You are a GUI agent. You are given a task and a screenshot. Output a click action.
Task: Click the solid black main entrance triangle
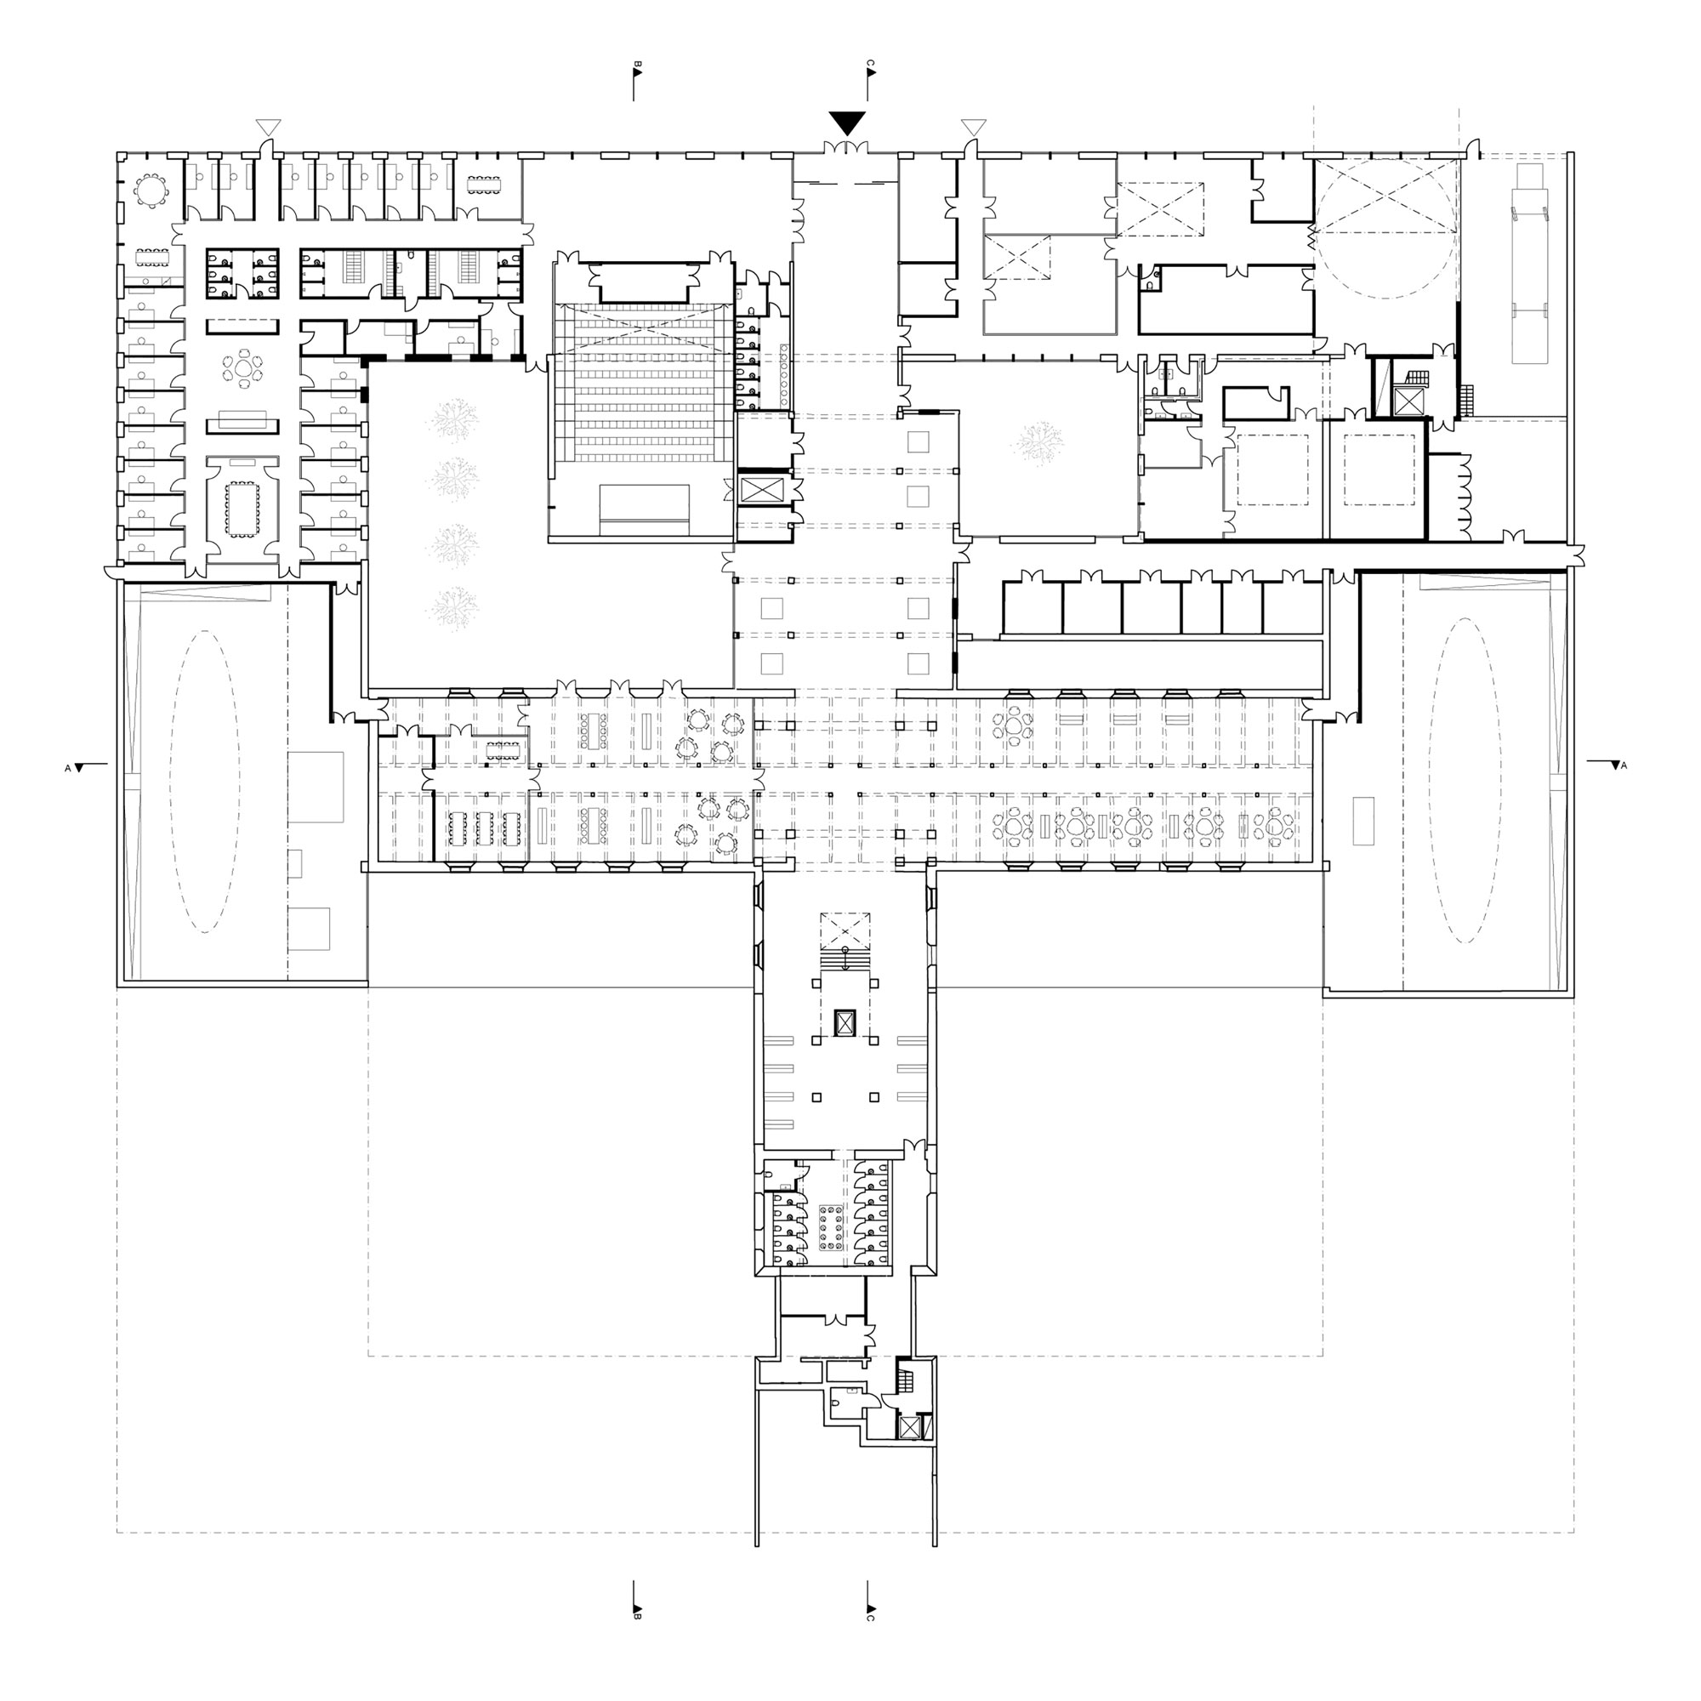(x=847, y=122)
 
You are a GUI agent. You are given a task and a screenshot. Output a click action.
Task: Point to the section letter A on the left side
(x=68, y=769)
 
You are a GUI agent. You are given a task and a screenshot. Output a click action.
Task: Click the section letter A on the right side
(x=1624, y=766)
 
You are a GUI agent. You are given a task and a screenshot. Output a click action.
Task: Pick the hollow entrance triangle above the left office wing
(x=269, y=127)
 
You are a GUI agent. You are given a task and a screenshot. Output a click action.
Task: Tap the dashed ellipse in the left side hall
(x=205, y=782)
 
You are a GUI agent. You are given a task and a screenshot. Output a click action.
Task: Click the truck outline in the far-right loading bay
(x=1530, y=262)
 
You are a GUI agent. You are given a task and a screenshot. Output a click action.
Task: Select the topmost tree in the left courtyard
(x=454, y=418)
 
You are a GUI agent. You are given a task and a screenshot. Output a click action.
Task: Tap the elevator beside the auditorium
(x=755, y=491)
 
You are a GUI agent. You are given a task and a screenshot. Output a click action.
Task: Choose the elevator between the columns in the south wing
(x=845, y=1022)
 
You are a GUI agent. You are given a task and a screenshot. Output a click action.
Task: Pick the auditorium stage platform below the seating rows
(x=645, y=509)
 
